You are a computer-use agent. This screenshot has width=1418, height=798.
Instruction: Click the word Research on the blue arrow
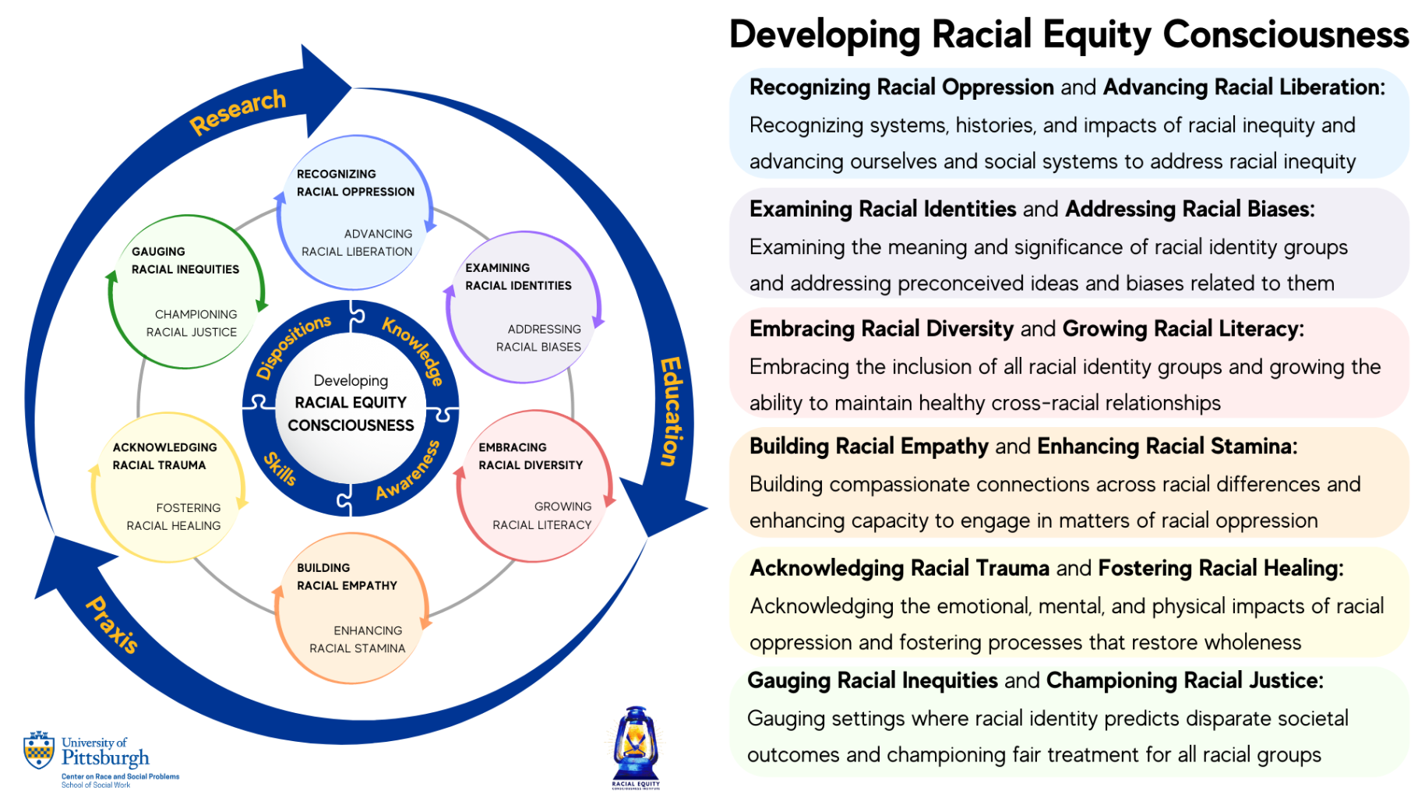pyautogui.click(x=238, y=111)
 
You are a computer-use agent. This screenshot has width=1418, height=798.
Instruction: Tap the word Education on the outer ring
pyautogui.click(x=671, y=411)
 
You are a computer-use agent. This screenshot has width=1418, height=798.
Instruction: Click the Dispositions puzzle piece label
pyautogui.click(x=294, y=346)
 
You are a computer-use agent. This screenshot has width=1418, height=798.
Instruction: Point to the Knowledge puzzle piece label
pyautogui.click(x=414, y=351)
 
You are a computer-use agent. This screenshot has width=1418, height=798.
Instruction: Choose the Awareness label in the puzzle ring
pyautogui.click(x=407, y=470)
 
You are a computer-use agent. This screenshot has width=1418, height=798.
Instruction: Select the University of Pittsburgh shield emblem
pyautogui.click(x=39, y=750)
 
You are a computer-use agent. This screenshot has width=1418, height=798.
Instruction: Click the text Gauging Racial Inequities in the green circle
pyautogui.click(x=185, y=260)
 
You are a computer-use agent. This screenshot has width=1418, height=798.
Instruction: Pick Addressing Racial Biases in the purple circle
pyautogui.click(x=538, y=338)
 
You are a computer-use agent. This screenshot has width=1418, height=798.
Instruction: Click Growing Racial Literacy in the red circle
pyautogui.click(x=542, y=516)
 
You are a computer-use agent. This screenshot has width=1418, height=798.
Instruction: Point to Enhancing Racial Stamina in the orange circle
pyautogui.click(x=358, y=639)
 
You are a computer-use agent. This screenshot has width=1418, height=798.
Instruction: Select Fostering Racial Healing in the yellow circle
pyautogui.click(x=174, y=517)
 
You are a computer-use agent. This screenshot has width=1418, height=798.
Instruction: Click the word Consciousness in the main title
pyautogui.click(x=1286, y=34)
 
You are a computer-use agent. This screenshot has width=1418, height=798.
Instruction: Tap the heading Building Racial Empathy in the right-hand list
pyautogui.click(x=869, y=447)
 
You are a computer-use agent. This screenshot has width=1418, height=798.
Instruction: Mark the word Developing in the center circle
pyautogui.click(x=351, y=380)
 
